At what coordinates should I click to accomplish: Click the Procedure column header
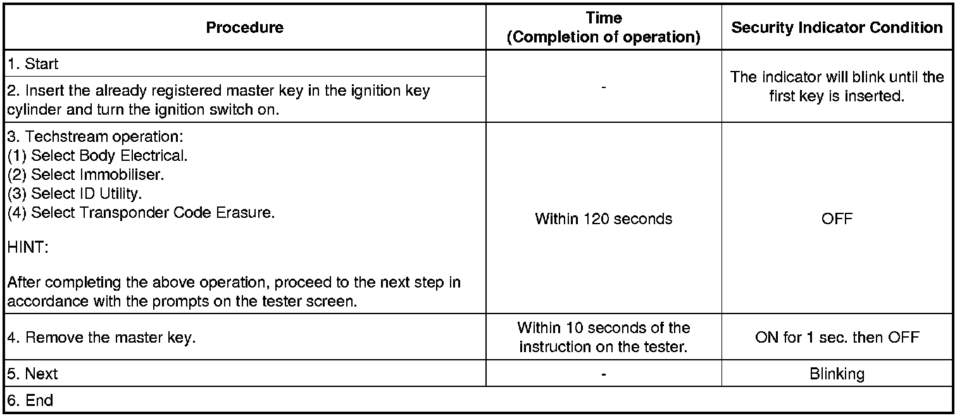click(x=245, y=27)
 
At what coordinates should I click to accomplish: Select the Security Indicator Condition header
click(x=837, y=27)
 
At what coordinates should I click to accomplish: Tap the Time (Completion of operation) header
click(x=603, y=28)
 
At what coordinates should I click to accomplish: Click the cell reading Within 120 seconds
click(x=603, y=219)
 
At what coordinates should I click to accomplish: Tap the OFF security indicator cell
click(x=837, y=219)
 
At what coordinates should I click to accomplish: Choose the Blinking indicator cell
click(x=837, y=374)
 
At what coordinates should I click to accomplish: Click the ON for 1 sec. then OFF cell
click(x=837, y=337)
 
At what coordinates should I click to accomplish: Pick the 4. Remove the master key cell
click(x=101, y=337)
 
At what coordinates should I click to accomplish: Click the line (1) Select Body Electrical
click(x=97, y=155)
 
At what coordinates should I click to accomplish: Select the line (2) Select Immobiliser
click(x=85, y=174)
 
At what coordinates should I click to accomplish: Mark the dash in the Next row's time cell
click(x=603, y=374)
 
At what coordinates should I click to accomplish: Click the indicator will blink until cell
click(x=837, y=86)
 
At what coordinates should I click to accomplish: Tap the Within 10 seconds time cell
click(x=603, y=337)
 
